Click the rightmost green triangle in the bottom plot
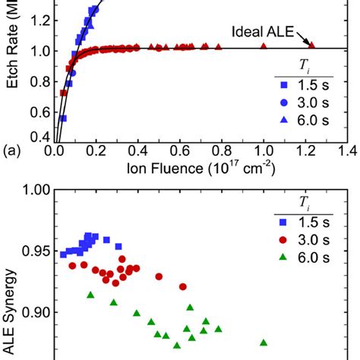[x=264, y=343]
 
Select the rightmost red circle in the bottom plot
[x=183, y=286]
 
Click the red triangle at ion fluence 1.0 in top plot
[x=264, y=46]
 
